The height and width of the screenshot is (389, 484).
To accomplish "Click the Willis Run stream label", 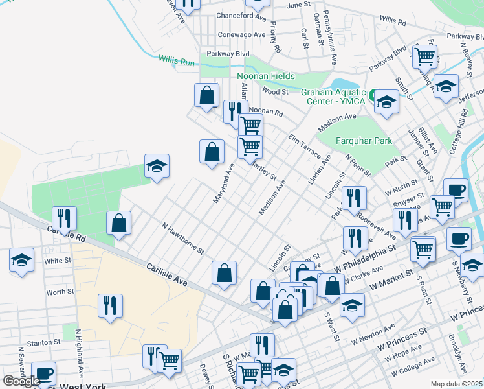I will pyautogui.click(x=177, y=61).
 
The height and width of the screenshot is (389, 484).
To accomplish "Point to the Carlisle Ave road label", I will pyautogui.click(x=166, y=275).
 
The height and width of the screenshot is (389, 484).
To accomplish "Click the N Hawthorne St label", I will pyautogui.click(x=183, y=239).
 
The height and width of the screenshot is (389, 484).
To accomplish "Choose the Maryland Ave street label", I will pyautogui.click(x=225, y=183).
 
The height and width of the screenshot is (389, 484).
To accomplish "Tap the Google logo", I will pyautogui.click(x=21, y=381).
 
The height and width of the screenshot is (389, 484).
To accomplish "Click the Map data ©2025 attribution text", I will pyautogui.click(x=457, y=384).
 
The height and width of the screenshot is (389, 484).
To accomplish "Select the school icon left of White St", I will pyautogui.click(x=21, y=261).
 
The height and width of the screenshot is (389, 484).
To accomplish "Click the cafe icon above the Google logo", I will pyautogui.click(x=43, y=373).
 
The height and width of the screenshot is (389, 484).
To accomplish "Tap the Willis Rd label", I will pyautogui.click(x=393, y=21).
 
